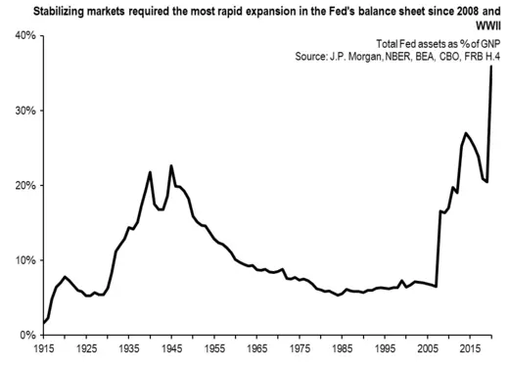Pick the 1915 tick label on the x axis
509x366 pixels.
pyautogui.click(x=44, y=348)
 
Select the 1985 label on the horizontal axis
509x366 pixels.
pyautogui.click(x=340, y=348)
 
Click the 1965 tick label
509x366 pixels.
pyautogui.click(x=255, y=348)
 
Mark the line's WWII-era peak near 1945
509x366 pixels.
pyautogui.click(x=171, y=165)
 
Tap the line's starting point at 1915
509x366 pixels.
pyautogui.click(x=44, y=322)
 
